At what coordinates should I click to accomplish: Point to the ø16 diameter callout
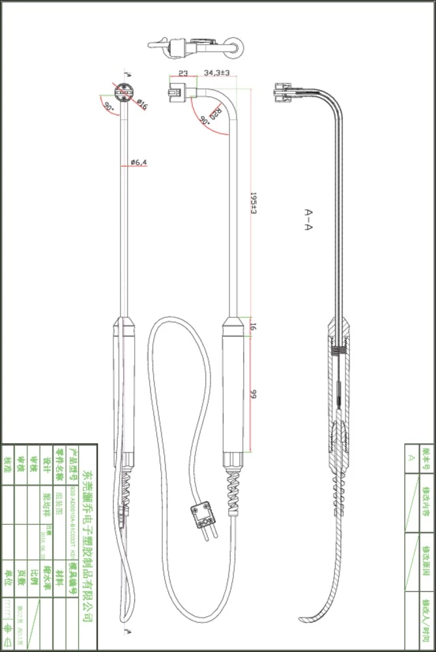tap(141, 105)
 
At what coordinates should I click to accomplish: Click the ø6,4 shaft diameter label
tap(138, 162)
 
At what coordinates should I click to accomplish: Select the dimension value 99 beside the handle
tap(253, 394)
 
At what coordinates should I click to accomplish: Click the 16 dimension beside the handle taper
tap(253, 327)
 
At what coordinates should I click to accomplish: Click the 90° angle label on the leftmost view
tap(108, 107)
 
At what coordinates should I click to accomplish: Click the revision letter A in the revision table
tap(411, 458)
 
